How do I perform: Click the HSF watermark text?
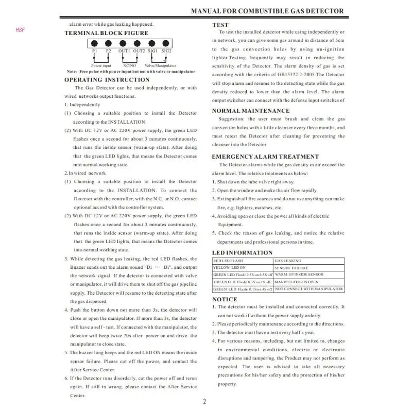pos(20,30)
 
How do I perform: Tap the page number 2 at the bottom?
pos(204,402)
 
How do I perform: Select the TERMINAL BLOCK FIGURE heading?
pos(106,33)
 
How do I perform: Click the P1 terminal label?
pos(95,51)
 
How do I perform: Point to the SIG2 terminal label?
pos(166,51)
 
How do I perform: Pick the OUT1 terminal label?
pos(124,51)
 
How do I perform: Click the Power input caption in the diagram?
pos(101,66)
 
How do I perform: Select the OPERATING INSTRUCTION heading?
pos(107,80)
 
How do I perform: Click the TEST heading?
pos(220,25)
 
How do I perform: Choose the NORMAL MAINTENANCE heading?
pos(251,111)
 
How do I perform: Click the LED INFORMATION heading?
pos(242,253)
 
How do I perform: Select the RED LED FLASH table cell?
pos(229,261)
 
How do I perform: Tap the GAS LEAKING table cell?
pos(288,261)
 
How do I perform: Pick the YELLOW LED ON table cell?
pos(229,268)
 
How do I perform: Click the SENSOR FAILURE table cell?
pos(291,268)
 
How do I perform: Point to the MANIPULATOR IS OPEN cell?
pos(296,282)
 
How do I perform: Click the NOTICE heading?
pos(225,299)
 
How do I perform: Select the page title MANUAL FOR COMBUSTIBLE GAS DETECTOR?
pos(267,11)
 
